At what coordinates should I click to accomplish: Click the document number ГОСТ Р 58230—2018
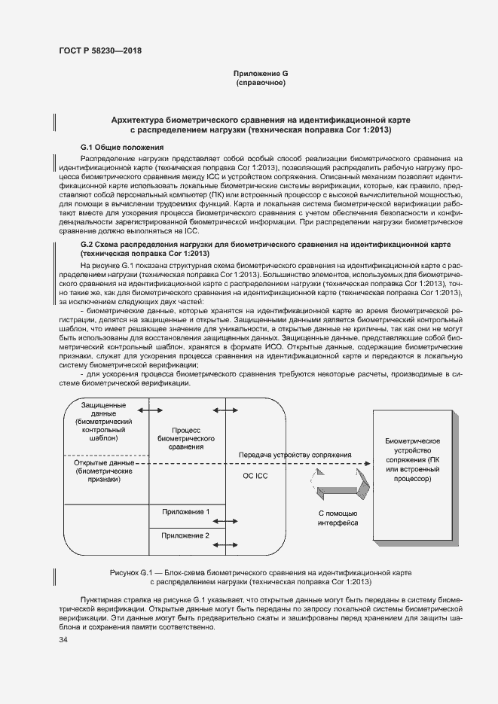coord(99,50)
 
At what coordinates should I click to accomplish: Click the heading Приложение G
coord(261,73)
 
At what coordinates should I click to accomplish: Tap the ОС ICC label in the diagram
coord(254,477)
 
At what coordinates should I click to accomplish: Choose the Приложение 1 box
coord(185,512)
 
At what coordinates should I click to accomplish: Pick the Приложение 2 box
coord(185,535)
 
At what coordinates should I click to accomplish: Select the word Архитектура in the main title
coord(140,120)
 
